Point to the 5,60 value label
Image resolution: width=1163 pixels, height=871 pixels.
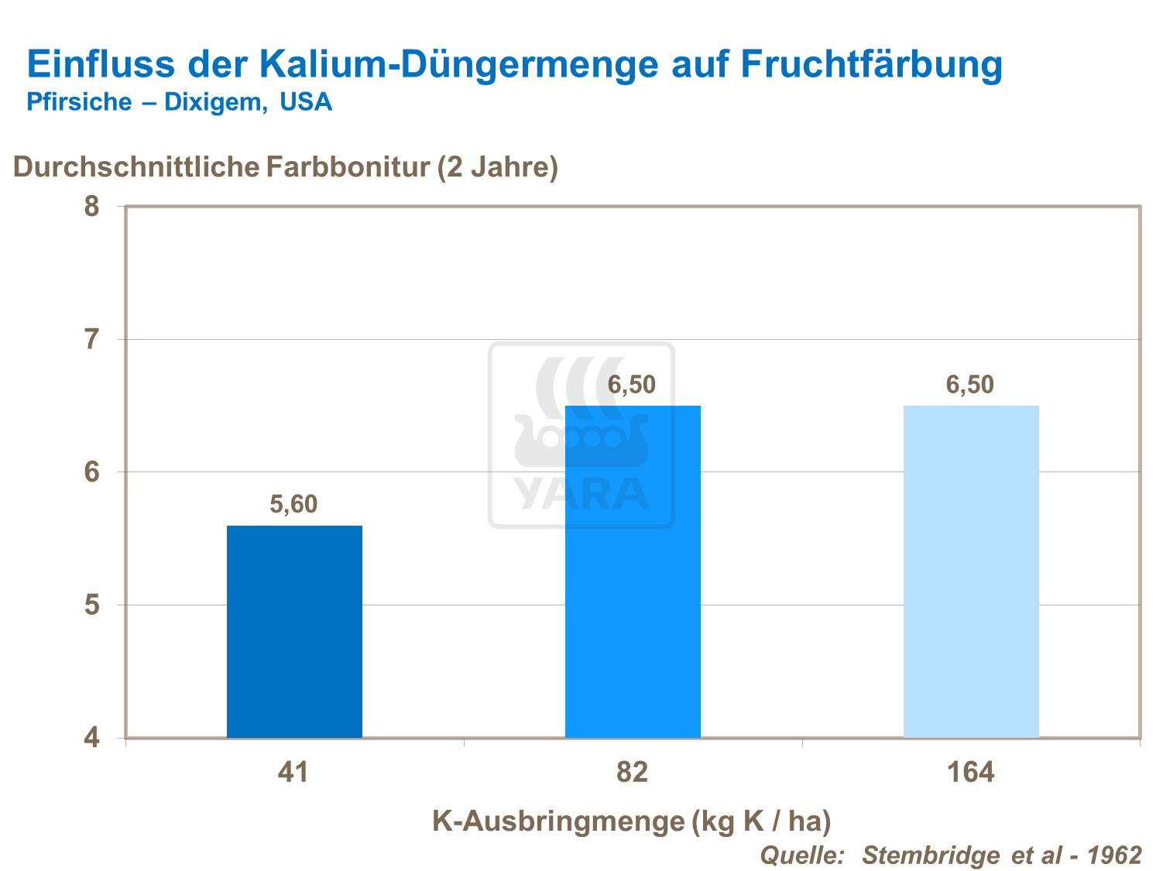(x=293, y=505)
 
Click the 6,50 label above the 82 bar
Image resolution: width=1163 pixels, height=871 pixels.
(x=631, y=385)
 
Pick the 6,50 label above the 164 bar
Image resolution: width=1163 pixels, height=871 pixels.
(x=969, y=385)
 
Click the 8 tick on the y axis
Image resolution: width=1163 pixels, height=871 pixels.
(x=92, y=207)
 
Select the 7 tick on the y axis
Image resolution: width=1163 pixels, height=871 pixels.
(x=92, y=339)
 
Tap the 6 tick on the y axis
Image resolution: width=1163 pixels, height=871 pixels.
(x=92, y=472)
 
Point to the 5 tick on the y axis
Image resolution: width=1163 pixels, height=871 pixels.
(x=92, y=605)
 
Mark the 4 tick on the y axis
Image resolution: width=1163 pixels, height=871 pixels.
(x=92, y=738)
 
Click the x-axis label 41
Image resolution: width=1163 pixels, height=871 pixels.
(x=293, y=773)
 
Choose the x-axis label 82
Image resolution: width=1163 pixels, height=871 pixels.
(x=632, y=773)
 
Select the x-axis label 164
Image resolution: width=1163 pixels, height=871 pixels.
(x=970, y=773)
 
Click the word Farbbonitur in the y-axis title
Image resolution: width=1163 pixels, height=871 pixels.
(x=348, y=167)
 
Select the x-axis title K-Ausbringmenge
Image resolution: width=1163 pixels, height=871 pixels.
(x=558, y=821)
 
